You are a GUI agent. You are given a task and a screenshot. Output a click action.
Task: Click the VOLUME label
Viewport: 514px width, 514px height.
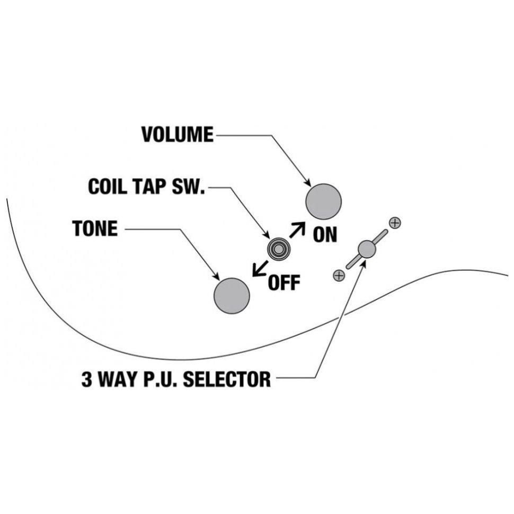(177, 135)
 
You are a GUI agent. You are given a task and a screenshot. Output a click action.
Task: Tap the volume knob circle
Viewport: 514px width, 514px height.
(324, 201)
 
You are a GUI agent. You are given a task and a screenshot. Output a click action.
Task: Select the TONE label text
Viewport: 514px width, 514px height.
(95, 229)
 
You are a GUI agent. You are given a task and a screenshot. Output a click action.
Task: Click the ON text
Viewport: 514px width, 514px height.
(324, 234)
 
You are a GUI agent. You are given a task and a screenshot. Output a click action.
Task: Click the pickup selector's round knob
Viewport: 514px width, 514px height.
(367, 249)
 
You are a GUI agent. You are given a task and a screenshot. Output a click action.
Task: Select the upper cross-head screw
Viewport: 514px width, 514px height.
(394, 223)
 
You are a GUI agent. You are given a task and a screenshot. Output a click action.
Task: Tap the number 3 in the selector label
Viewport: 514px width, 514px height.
(87, 379)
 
